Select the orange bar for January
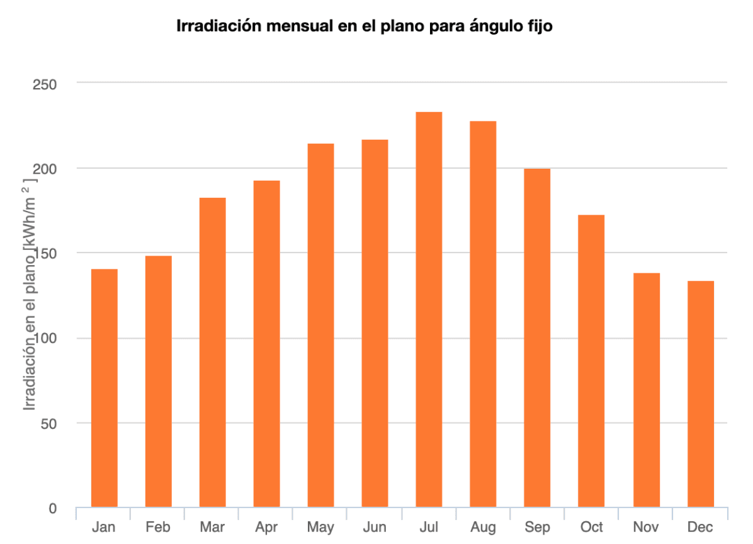pos(105,388)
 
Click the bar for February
pos(158,382)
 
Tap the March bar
pos(212,353)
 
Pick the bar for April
pos(266,344)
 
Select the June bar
pos(375,323)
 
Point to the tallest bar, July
pos(429,309)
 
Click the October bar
pos(591,361)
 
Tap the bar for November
pos(646,390)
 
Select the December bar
pos(700,394)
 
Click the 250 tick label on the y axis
pos(45,84)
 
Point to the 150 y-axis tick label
pos(45,254)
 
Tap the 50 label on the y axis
pos(48,424)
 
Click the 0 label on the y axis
pos(53,509)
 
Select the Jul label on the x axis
pos(429,528)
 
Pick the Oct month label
pos(591,528)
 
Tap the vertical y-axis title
pos(30,296)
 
